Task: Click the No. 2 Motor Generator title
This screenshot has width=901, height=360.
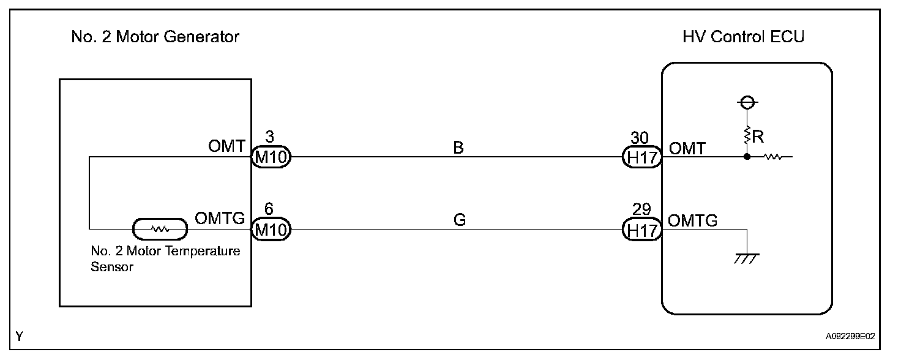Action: (155, 37)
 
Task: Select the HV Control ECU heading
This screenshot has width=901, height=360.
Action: (743, 37)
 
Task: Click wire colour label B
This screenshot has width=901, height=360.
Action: (458, 148)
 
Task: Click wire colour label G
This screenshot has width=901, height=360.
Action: (460, 220)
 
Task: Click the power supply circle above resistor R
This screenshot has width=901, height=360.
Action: (747, 103)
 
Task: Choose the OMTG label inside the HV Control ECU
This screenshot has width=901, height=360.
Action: (693, 221)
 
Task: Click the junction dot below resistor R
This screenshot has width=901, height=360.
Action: (747, 157)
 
